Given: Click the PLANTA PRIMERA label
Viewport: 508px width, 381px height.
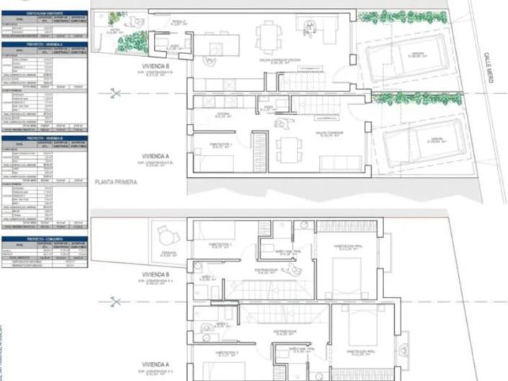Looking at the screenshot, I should coord(116,183).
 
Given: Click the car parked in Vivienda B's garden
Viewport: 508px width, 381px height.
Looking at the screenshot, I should coord(404,60).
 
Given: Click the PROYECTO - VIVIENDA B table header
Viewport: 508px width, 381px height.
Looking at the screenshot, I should coord(45,138).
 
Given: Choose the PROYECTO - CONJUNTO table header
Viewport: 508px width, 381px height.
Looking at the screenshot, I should coord(45,238).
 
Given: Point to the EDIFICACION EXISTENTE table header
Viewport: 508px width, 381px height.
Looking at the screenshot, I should coord(45,14).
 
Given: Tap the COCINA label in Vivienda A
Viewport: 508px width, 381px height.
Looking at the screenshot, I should coord(223,115).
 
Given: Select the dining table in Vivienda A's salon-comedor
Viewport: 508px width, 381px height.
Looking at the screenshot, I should coord(289,150).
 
